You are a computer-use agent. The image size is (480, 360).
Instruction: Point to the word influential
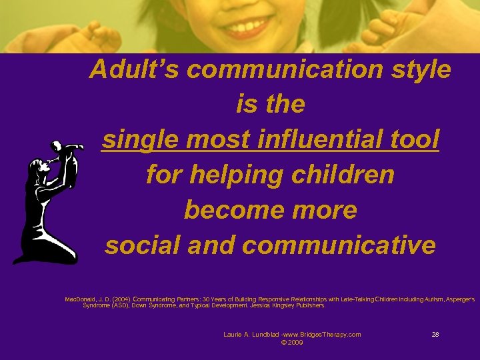point(314,140)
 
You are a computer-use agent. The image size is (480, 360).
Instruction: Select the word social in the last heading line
point(137,246)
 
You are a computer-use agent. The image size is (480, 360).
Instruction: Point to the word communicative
point(339,246)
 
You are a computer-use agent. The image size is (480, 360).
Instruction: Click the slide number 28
point(435,334)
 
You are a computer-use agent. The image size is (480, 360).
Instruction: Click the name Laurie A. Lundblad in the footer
point(250,334)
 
